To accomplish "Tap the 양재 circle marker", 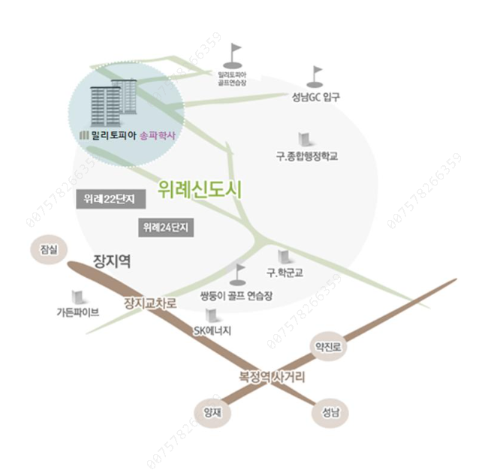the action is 209,411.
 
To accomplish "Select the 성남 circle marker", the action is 327,411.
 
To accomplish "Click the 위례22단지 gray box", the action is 109,199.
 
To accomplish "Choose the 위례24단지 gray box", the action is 166,226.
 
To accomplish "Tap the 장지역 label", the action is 113,262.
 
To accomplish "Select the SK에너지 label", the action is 212,330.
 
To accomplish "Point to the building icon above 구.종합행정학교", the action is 303,140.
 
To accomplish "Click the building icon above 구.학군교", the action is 284,258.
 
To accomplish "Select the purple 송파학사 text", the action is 157,136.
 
